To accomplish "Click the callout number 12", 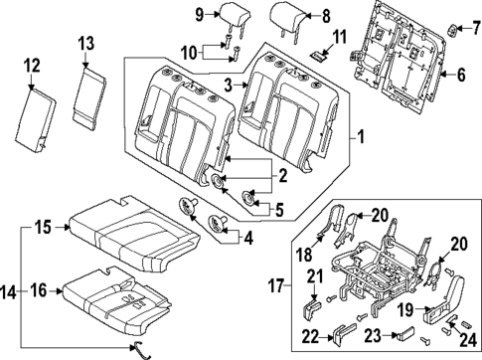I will click(x=33, y=66).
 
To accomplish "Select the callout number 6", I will click(x=459, y=75).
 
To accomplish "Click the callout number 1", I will click(x=361, y=135).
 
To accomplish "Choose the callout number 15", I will click(x=43, y=228).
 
